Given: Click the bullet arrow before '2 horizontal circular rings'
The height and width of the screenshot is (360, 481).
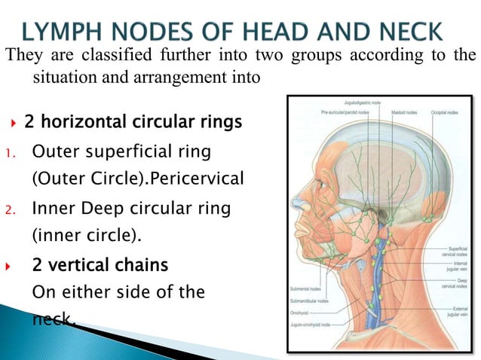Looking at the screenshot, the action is coord(16,122).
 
